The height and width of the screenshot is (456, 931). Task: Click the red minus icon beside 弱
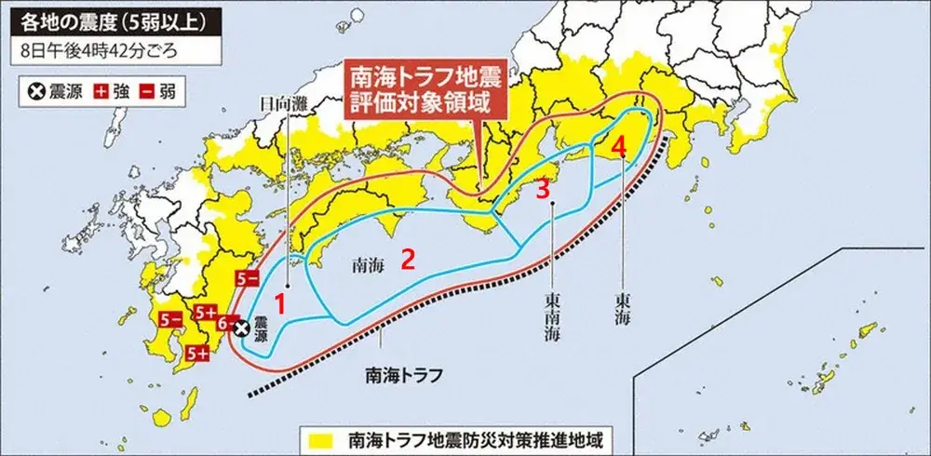(147, 91)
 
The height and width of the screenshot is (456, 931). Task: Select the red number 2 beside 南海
(407, 259)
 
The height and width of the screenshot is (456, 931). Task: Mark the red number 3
(542, 188)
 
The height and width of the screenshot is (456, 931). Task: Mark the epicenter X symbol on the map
(241, 328)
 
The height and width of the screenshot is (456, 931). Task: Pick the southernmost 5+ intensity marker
(197, 353)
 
